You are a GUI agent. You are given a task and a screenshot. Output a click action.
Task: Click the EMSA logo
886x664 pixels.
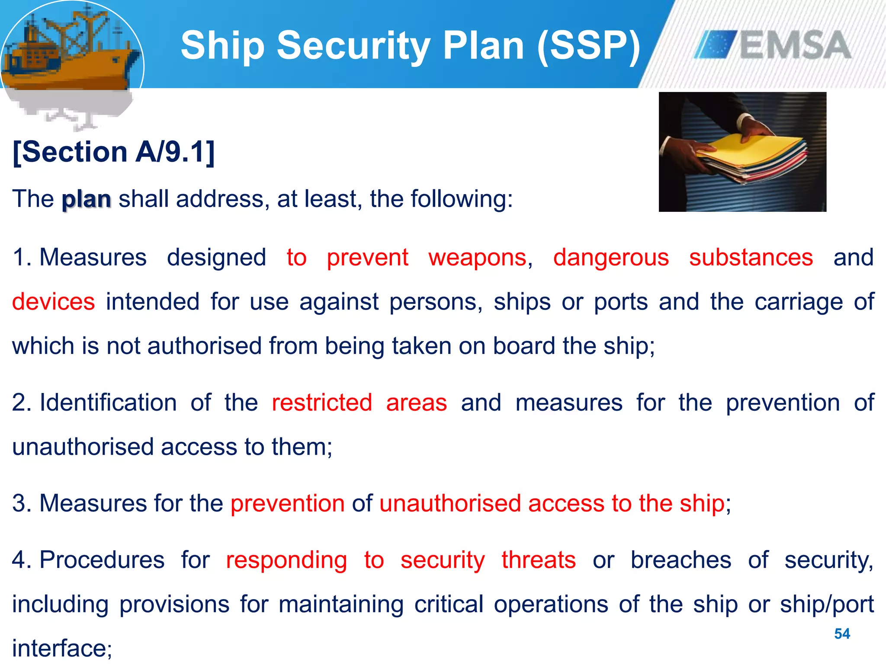point(773,45)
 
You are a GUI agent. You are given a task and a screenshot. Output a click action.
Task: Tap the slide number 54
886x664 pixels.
point(842,634)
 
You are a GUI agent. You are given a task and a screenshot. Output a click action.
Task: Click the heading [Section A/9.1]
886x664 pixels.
point(114,152)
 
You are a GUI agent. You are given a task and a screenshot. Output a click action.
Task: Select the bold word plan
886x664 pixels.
point(87,199)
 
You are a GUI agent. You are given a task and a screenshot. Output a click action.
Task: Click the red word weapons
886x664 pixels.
point(478,258)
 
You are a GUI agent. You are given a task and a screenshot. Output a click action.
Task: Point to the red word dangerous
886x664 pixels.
point(611,258)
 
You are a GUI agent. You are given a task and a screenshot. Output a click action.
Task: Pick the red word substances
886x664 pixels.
point(751,258)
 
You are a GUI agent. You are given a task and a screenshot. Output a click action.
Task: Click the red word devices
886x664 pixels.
point(53,302)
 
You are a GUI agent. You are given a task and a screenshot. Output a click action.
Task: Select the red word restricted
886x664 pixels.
point(322,403)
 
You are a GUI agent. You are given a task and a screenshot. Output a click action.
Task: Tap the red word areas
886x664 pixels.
point(416,403)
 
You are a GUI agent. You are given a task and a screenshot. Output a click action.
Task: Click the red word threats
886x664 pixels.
point(539,560)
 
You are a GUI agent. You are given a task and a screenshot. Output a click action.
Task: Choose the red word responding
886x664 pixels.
point(286,560)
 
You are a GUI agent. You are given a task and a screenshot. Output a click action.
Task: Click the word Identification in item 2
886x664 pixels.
point(108,403)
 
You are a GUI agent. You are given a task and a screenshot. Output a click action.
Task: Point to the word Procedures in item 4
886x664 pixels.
point(102,560)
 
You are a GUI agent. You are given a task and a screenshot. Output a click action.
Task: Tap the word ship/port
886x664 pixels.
point(827,604)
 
